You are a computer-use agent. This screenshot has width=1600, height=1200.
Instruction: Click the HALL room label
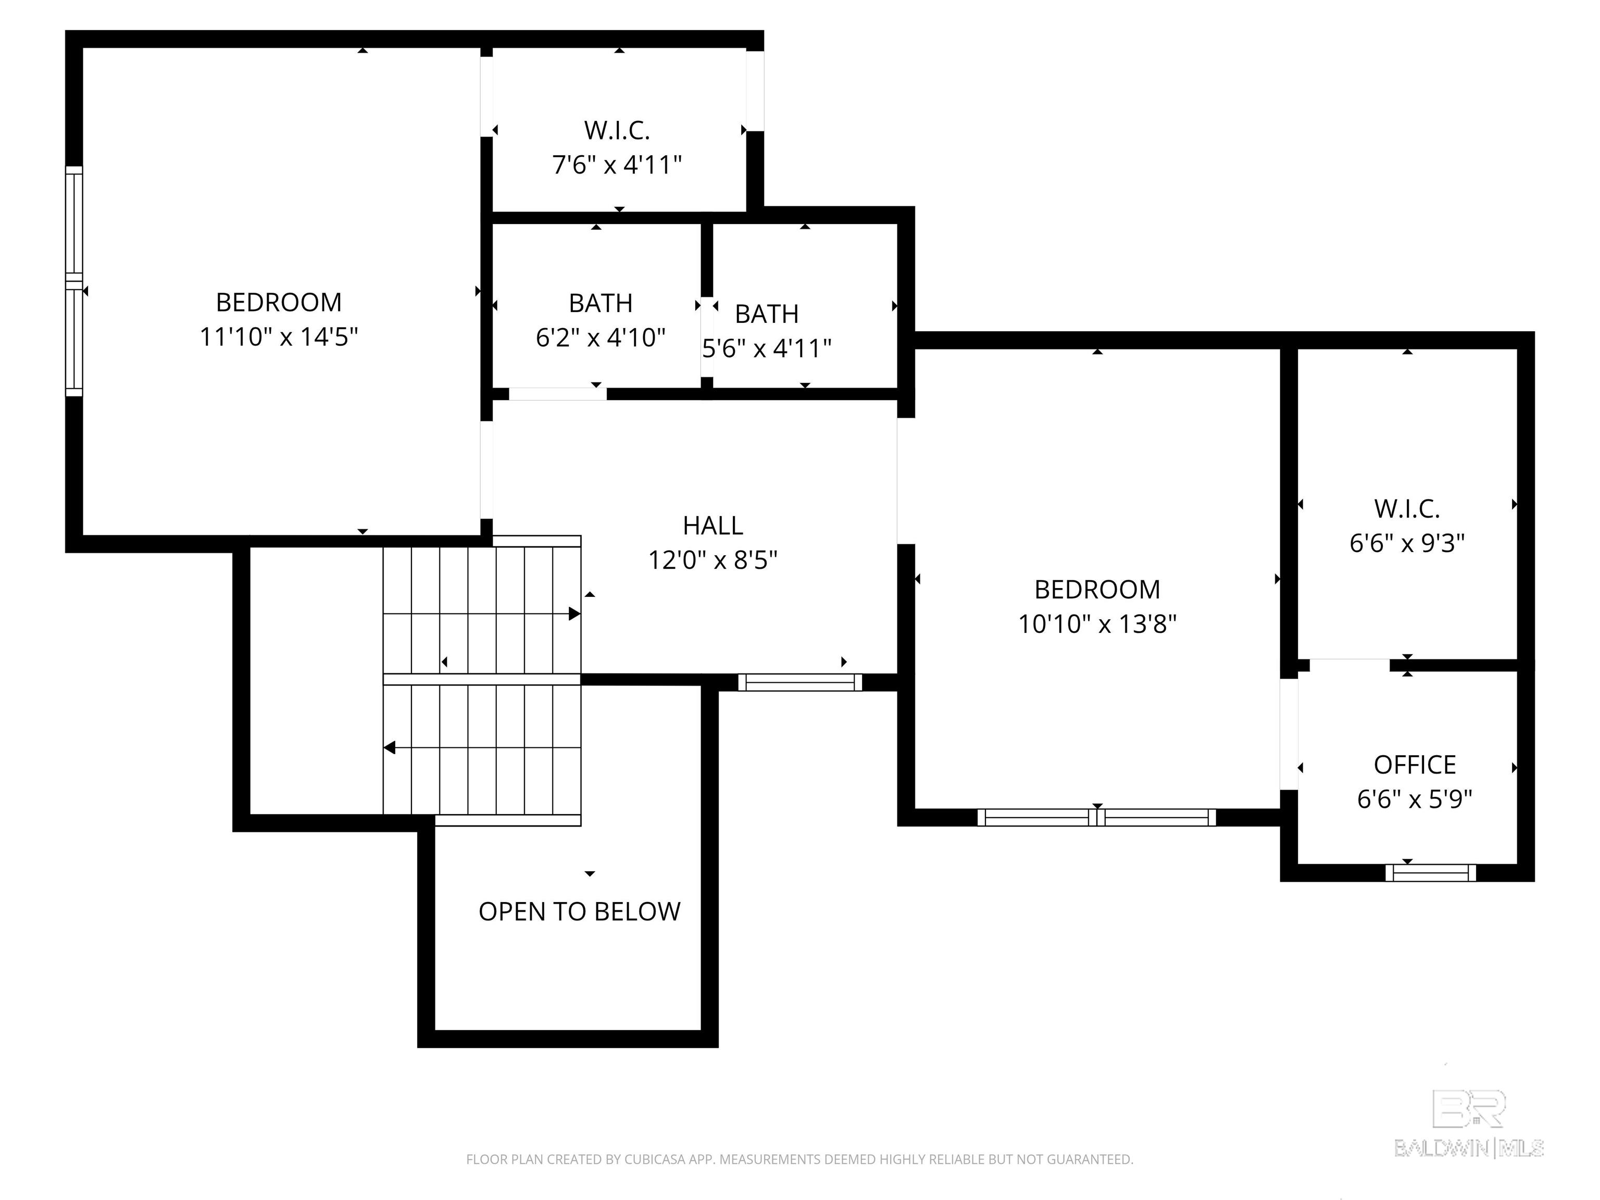click(712, 525)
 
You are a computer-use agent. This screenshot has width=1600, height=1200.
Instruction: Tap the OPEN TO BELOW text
click(579, 911)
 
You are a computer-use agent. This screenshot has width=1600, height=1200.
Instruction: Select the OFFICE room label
click(1415, 765)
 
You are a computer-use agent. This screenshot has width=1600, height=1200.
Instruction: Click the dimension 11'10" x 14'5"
click(279, 336)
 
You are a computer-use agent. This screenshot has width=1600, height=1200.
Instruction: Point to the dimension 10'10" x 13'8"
click(1097, 623)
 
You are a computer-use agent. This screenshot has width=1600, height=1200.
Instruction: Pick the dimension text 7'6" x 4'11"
click(617, 165)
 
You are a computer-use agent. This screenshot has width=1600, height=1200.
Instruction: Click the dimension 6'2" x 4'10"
click(601, 337)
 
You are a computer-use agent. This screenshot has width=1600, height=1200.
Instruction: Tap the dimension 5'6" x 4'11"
click(767, 348)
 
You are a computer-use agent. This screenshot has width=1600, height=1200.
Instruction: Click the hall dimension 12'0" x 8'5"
click(712, 560)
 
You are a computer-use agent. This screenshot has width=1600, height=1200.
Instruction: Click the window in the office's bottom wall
click(1431, 872)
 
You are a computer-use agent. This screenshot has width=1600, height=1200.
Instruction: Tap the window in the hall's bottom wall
click(800, 682)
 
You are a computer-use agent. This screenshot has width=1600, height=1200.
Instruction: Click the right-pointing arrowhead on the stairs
click(575, 614)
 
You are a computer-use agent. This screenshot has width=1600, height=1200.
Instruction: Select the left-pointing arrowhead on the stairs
click(389, 748)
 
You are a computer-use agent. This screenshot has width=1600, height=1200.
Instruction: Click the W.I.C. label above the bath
click(617, 130)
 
